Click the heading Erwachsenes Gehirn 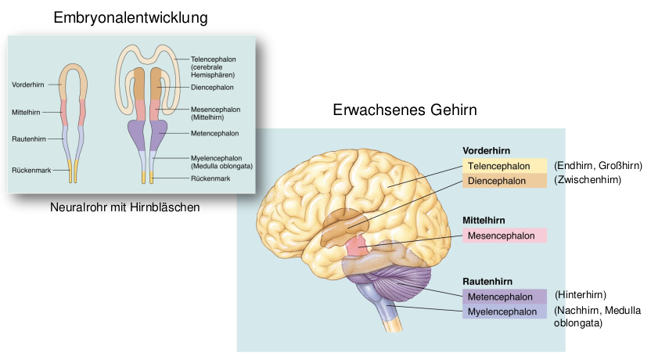click(x=405, y=110)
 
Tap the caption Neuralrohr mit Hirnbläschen click(x=124, y=207)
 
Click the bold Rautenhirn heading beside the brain click(x=488, y=281)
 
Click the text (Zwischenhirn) click(x=588, y=180)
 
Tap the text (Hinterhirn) click(x=581, y=295)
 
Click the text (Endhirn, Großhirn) click(x=598, y=166)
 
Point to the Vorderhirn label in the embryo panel click(x=27, y=85)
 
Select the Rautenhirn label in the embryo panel click(x=28, y=139)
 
